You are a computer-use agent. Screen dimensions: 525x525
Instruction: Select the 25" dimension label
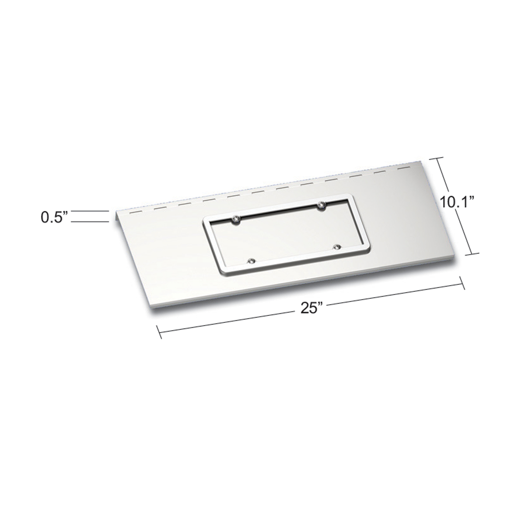(311, 309)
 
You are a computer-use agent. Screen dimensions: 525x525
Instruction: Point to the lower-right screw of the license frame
(336, 248)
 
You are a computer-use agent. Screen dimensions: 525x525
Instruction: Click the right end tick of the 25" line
(462, 284)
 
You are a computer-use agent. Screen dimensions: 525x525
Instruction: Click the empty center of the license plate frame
(287, 237)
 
